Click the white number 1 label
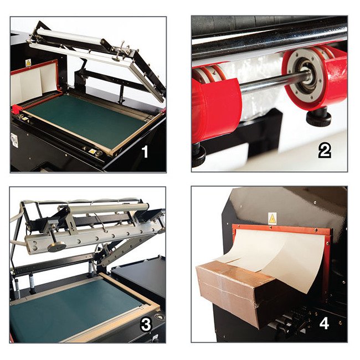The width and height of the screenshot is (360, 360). (x=145, y=152)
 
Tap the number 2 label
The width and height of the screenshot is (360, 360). (x=325, y=152)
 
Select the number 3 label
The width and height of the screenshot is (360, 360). (x=146, y=325)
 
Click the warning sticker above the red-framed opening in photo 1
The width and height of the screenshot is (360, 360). (x=28, y=63)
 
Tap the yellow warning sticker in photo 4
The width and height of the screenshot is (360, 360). (x=272, y=218)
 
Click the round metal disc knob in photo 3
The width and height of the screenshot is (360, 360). (x=56, y=248)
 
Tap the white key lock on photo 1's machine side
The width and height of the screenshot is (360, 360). (x=14, y=140)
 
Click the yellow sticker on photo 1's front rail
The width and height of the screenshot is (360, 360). (x=92, y=151)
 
